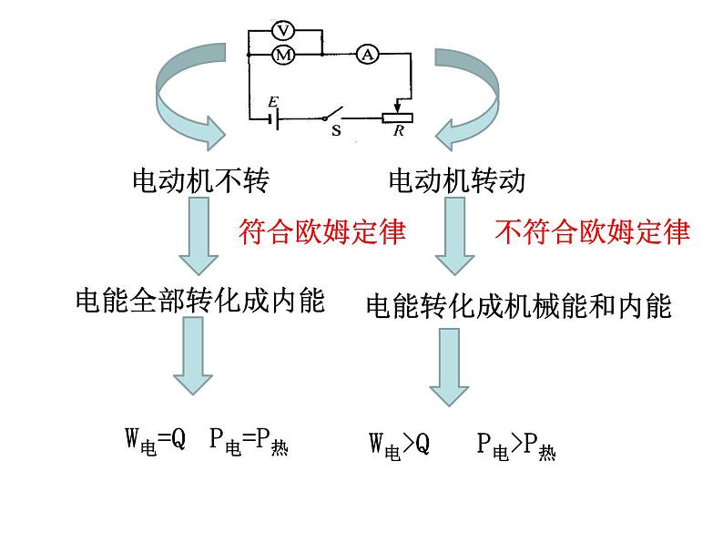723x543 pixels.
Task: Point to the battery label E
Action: [272, 102]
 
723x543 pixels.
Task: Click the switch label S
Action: [336, 131]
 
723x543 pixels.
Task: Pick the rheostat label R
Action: [398, 131]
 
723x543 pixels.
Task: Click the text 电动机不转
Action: [201, 181]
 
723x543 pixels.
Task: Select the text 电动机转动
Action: [457, 181]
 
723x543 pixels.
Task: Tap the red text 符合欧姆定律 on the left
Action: [321, 232]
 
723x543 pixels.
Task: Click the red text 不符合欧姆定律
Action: [592, 232]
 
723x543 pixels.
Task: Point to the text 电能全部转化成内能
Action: [200, 301]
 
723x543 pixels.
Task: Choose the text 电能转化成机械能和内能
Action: [518, 306]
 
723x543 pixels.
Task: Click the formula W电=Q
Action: [155, 441]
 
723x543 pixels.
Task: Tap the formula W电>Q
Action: [399, 445]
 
